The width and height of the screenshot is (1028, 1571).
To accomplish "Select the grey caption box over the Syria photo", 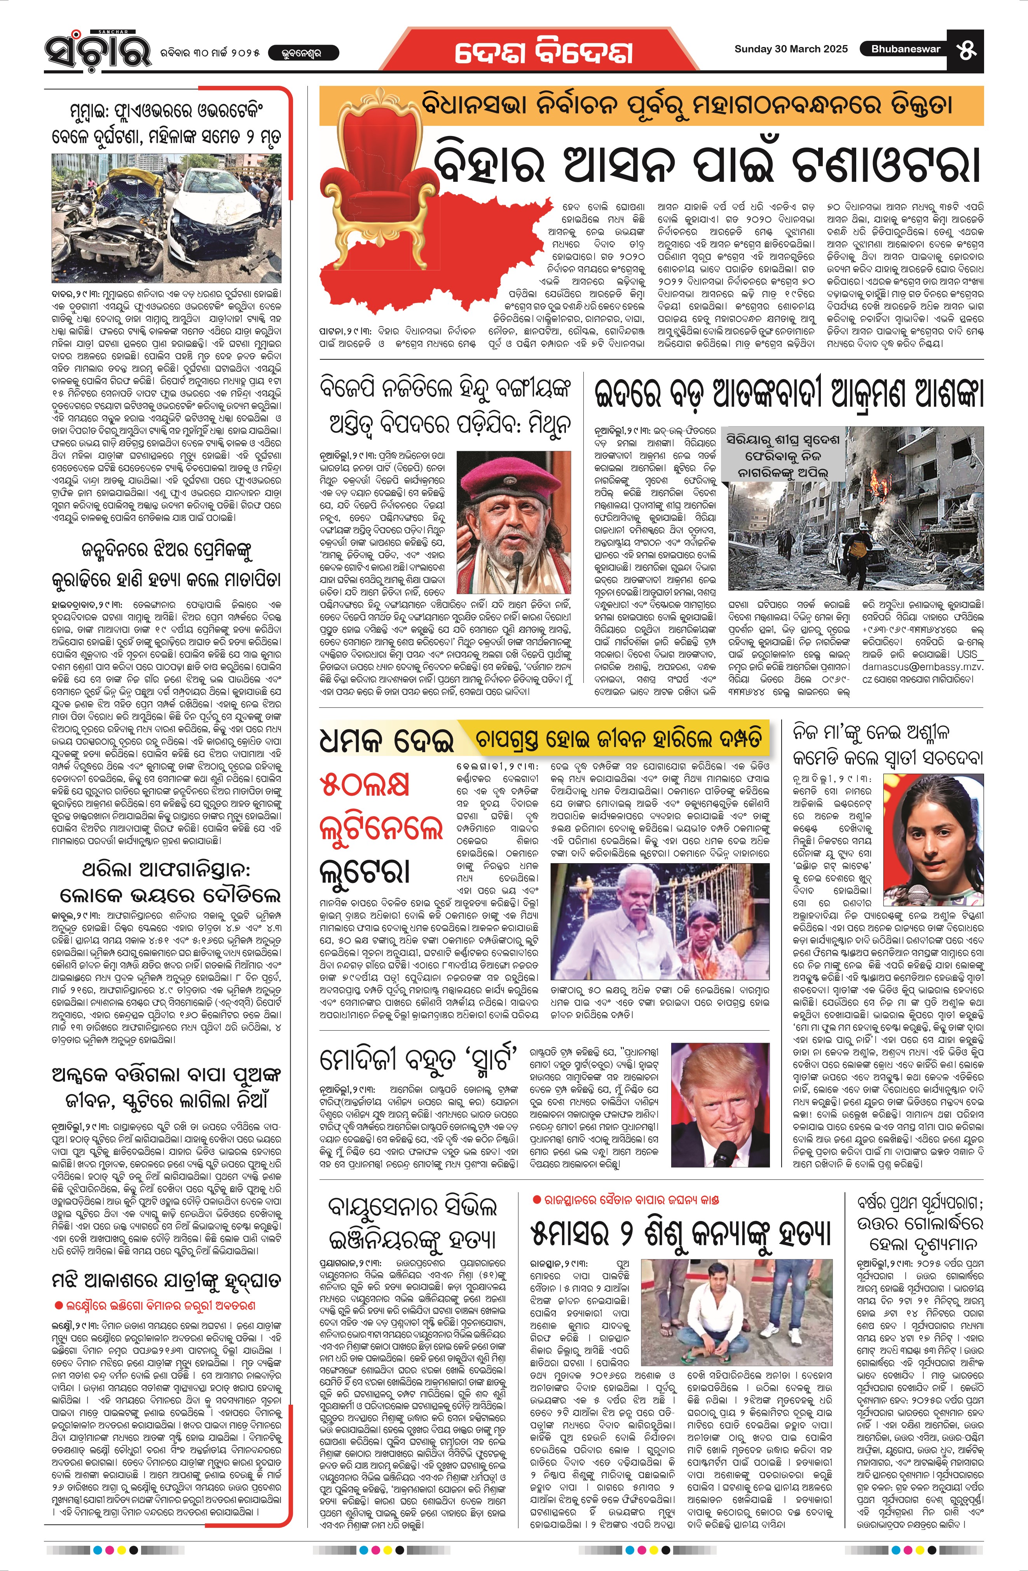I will pyautogui.click(x=782, y=455).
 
